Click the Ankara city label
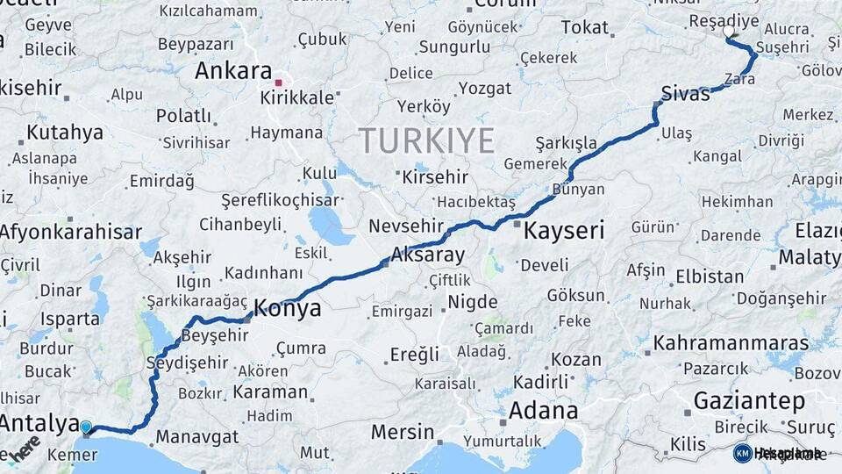(x=232, y=70)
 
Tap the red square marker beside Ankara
(x=278, y=83)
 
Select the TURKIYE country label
(x=426, y=140)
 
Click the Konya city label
(x=287, y=309)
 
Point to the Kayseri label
(x=564, y=231)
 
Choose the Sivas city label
(x=685, y=94)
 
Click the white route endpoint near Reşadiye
(x=729, y=32)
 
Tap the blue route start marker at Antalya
(x=86, y=427)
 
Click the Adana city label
(x=543, y=410)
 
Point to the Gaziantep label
(x=749, y=401)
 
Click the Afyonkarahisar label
(x=70, y=232)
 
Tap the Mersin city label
(x=403, y=432)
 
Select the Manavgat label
(x=196, y=436)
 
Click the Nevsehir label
(x=402, y=226)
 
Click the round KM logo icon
(x=743, y=453)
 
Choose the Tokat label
(x=584, y=27)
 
